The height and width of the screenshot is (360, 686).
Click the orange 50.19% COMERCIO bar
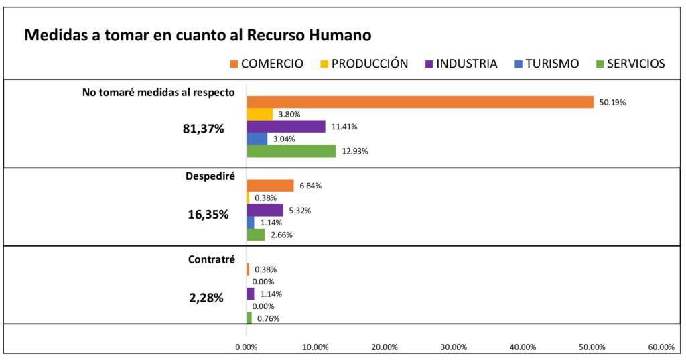click(420, 102)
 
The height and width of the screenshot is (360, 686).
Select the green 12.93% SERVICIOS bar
click(291, 151)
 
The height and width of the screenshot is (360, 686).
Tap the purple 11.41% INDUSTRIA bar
click(286, 126)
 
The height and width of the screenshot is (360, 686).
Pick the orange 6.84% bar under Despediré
click(270, 186)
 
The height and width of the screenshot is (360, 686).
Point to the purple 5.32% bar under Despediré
click(265, 210)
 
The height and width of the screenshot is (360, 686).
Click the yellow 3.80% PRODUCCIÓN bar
click(259, 114)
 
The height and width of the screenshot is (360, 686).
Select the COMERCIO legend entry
click(266, 64)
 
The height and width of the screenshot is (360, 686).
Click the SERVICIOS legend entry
click(630, 64)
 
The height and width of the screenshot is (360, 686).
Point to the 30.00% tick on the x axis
click(454, 347)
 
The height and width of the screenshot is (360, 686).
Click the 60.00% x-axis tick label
click(661, 347)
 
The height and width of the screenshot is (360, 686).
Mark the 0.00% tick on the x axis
click(247, 347)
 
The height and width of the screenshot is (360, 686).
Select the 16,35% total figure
click(206, 215)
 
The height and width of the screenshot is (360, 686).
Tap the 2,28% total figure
click(206, 298)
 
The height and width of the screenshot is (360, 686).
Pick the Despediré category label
click(210, 177)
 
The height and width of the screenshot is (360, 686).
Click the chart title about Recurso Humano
click(198, 35)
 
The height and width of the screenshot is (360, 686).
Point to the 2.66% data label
click(281, 235)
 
